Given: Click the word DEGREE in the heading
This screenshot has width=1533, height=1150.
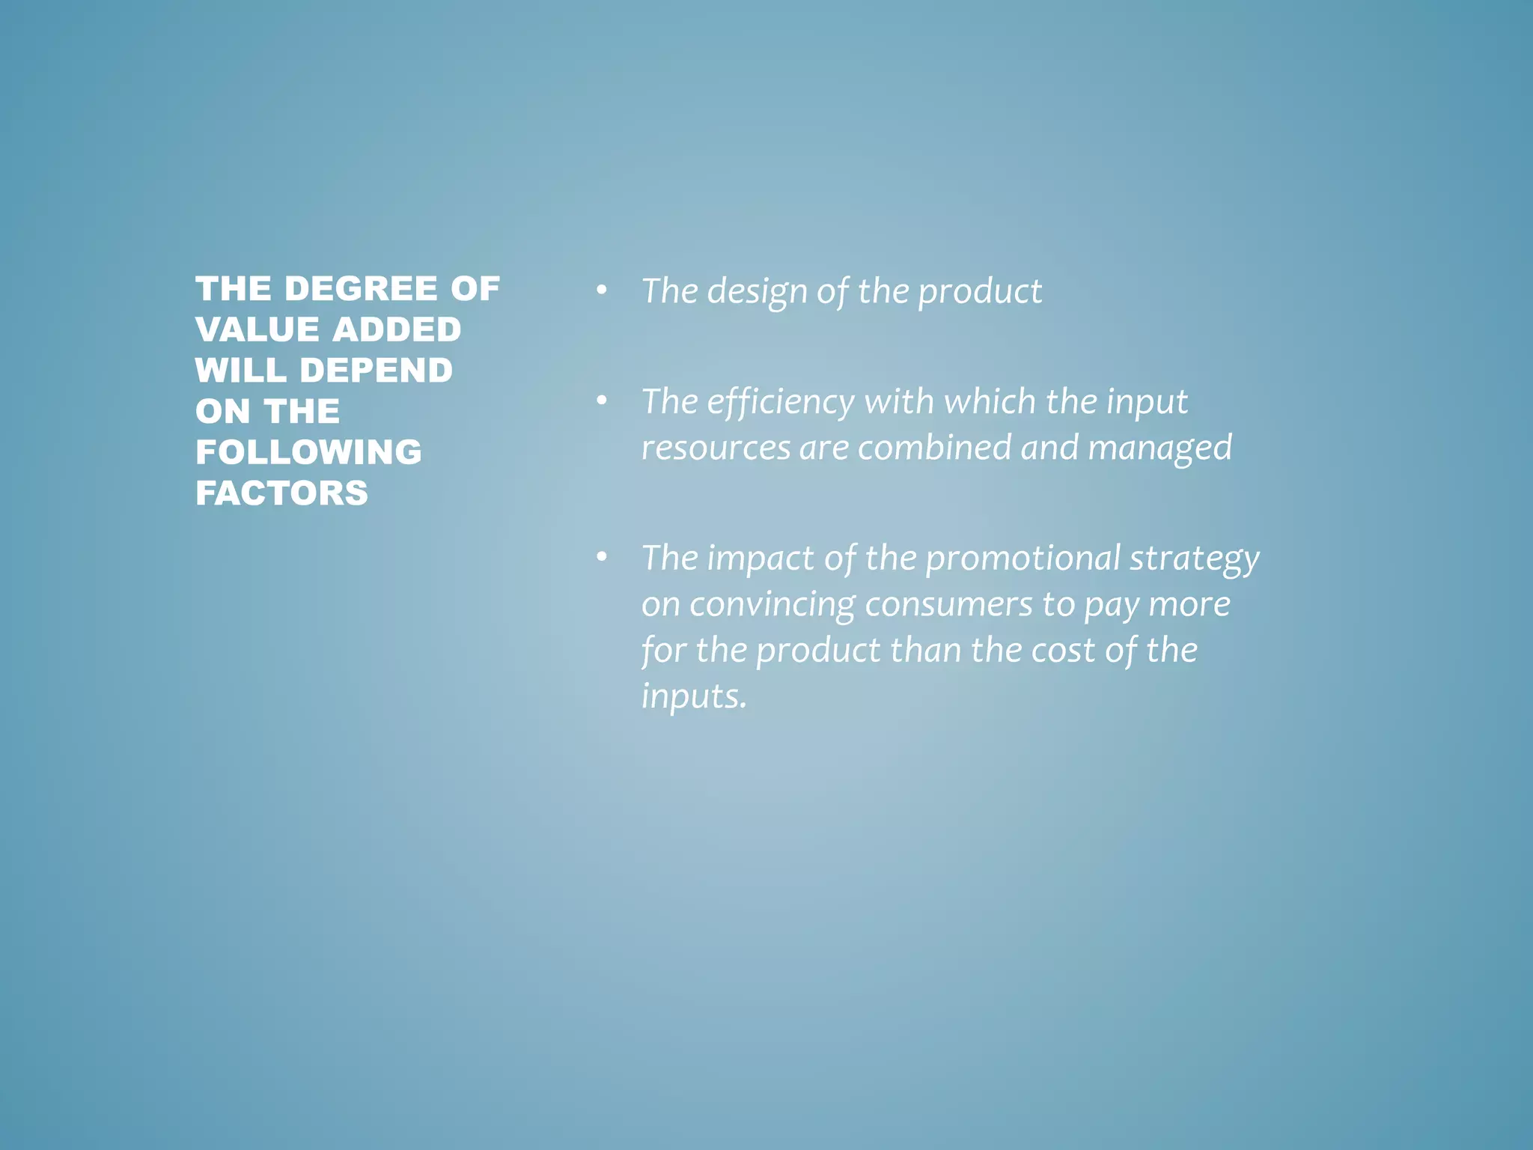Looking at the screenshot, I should (x=361, y=289).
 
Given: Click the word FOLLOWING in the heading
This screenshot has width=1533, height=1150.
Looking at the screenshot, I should (x=308, y=452).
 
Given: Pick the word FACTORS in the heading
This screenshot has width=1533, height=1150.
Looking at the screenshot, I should (x=281, y=493).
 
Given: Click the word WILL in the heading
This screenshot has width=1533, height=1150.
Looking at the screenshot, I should (x=241, y=371).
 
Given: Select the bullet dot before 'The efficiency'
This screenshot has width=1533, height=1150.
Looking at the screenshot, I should (x=601, y=401).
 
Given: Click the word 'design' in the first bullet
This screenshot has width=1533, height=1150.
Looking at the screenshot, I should (x=756, y=292).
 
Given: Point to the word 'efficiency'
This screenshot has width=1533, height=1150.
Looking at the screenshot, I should (x=780, y=402).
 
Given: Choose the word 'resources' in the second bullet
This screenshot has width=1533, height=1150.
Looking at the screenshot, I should (x=716, y=448).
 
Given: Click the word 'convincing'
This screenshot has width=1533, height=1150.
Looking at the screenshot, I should (x=772, y=605).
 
